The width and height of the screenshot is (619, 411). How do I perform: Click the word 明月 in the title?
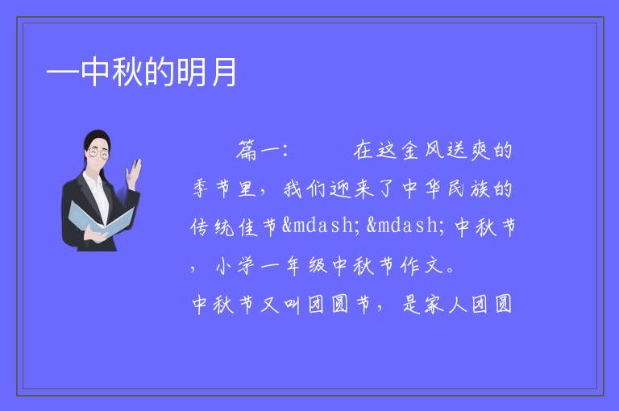(206, 72)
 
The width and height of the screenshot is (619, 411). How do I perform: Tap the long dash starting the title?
(63, 73)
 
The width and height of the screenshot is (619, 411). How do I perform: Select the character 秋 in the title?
(127, 72)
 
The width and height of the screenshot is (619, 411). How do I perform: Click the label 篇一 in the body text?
(258, 151)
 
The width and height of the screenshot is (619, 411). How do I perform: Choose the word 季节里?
(225, 189)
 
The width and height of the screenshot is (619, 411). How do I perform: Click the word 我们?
(304, 189)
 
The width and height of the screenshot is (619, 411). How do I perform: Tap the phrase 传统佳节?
(234, 227)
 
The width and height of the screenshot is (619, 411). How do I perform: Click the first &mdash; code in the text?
(321, 226)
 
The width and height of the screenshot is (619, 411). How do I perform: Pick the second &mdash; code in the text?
(405, 226)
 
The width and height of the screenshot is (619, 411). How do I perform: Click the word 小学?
(235, 265)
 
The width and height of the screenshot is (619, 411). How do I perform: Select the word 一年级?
(293, 265)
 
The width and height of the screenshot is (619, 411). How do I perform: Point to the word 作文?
(422, 265)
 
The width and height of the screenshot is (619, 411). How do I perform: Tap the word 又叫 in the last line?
(280, 305)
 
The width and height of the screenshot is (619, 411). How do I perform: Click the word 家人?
(446, 305)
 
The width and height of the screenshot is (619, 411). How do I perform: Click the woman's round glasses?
(98, 153)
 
